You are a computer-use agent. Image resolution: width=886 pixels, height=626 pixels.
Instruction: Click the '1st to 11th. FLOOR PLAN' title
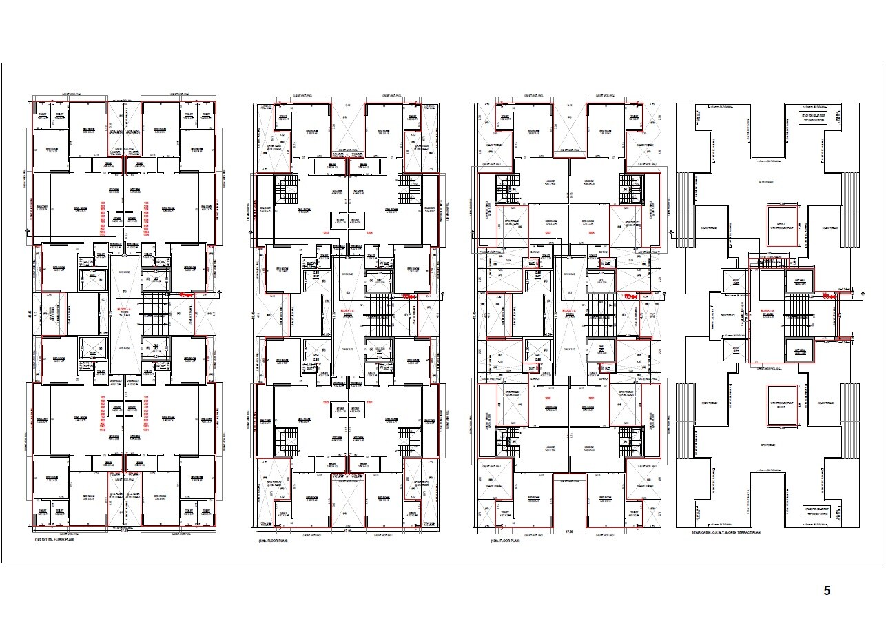[54, 540]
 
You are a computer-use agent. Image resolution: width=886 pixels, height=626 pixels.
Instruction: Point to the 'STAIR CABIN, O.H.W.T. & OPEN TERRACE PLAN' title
[726, 532]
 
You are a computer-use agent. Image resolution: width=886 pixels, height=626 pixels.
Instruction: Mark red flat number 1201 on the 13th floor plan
[590, 399]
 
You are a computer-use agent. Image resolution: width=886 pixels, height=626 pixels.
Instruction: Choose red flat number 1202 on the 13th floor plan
[548, 399]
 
